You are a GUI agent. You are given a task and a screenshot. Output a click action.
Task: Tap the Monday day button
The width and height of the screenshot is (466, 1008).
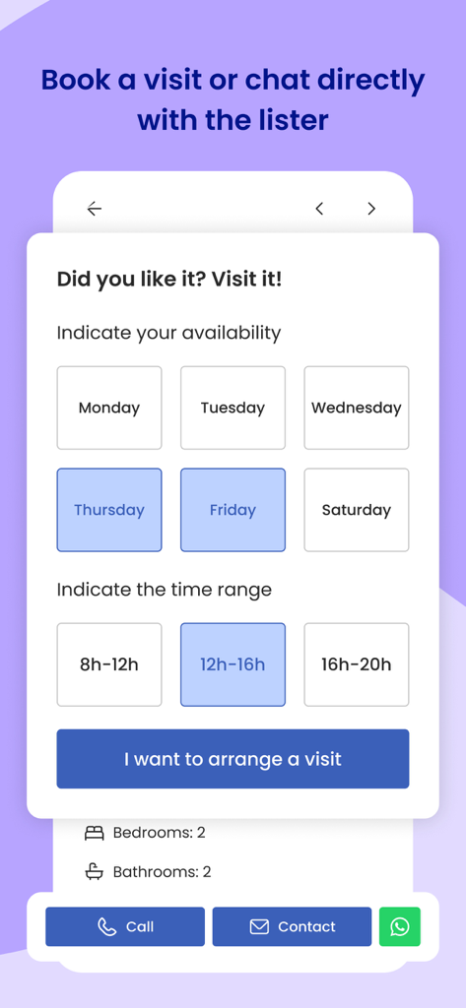[109, 408]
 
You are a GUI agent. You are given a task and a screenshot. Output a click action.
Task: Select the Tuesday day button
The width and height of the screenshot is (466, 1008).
[233, 408]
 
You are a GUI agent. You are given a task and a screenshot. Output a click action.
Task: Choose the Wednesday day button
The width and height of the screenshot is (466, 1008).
[356, 408]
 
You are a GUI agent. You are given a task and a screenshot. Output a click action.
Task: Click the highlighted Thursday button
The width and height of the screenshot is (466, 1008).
[109, 510]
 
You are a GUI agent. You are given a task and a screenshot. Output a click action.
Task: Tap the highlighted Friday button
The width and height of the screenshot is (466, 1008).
[233, 510]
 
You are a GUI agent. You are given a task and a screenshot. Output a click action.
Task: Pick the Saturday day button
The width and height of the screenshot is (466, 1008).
[356, 510]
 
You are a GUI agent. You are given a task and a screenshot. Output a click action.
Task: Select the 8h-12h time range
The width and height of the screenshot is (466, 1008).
[109, 664]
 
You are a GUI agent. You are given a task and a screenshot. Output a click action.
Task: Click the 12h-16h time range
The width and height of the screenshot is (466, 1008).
[233, 664]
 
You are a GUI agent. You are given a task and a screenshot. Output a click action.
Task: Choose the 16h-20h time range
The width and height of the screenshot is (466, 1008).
[356, 664]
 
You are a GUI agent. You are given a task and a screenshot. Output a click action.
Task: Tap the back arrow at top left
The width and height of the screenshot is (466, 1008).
[95, 209]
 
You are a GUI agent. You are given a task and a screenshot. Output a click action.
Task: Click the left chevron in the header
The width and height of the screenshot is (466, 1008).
[319, 209]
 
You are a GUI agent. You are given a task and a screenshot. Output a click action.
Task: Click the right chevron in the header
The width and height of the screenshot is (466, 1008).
[371, 209]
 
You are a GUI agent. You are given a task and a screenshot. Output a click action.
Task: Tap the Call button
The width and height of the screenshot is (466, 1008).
[125, 926]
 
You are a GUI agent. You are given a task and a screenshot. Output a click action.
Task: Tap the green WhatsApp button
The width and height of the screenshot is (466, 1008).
[400, 926]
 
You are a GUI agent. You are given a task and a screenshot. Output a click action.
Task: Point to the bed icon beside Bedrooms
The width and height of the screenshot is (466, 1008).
[95, 833]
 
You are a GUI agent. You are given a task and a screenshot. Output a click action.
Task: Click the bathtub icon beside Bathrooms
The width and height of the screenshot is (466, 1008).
[95, 871]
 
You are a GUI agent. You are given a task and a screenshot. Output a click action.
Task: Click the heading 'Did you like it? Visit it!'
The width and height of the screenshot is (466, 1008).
[169, 279]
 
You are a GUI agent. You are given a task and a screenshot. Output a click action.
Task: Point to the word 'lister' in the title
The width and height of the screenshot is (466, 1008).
[287, 120]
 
